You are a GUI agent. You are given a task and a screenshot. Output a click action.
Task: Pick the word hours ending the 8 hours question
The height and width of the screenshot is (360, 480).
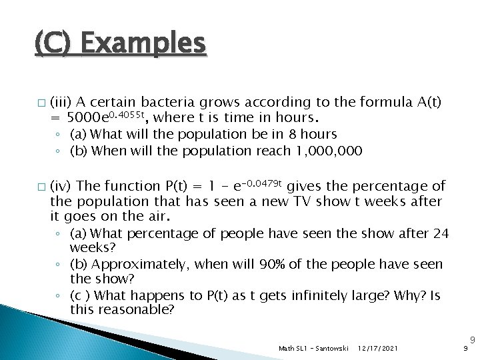point(316,134)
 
